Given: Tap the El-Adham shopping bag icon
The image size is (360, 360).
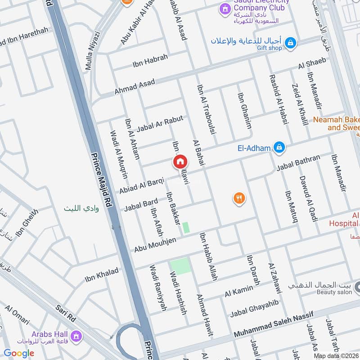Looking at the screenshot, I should pyautogui.click(x=279, y=147).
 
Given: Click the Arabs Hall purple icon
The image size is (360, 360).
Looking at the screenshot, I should pyautogui.click(x=76, y=335).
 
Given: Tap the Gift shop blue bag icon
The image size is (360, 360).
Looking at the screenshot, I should pyautogui.click(x=291, y=42).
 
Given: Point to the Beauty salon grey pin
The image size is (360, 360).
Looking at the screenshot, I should pyautogui.click(x=357, y=286).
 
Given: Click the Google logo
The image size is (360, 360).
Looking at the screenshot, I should pyautogui.click(x=19, y=353).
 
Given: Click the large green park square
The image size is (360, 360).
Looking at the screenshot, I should pyautogui.click(x=181, y=267).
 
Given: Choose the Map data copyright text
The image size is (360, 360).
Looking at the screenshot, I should pyautogui.click(x=336, y=356).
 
